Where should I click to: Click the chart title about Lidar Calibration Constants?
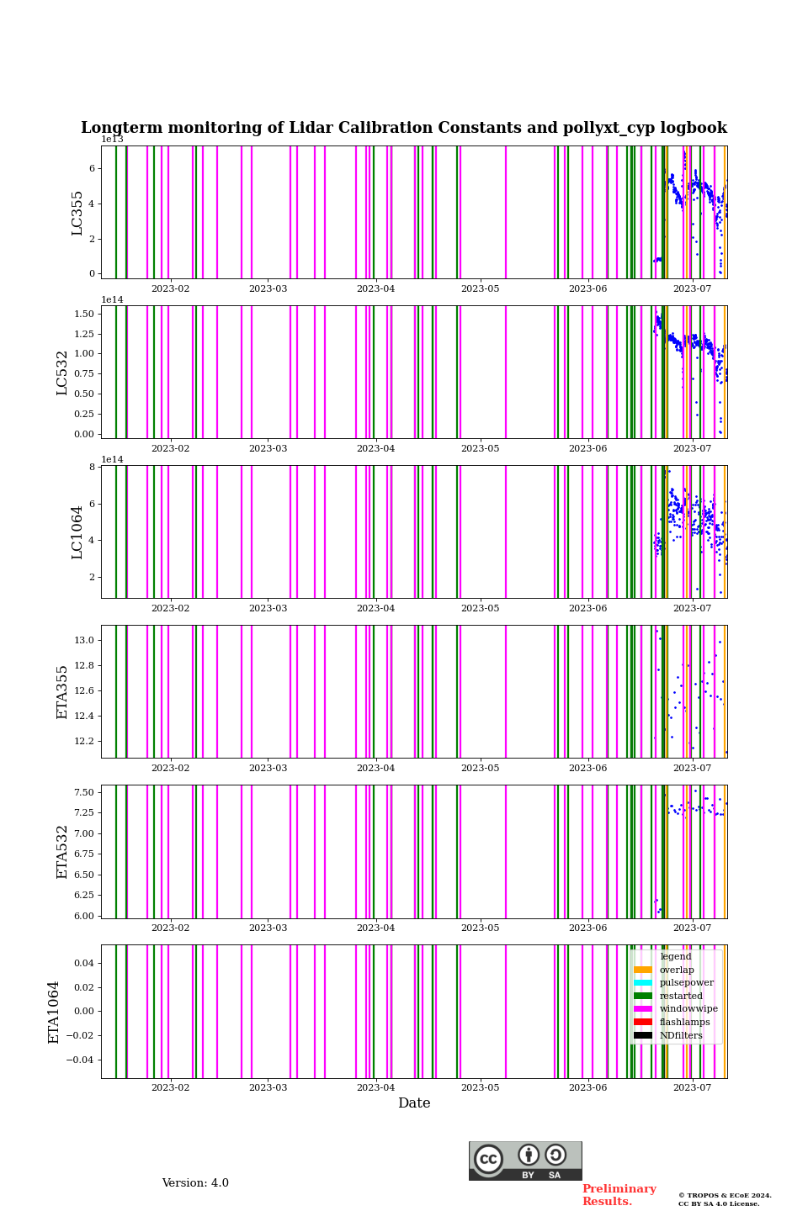click(404, 128)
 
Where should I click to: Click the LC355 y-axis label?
click(77, 213)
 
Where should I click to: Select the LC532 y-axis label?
click(62, 373)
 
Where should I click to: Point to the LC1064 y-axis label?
click(77, 532)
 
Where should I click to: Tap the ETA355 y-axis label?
click(62, 692)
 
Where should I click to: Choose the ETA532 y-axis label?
click(62, 852)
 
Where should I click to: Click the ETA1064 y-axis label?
click(54, 1012)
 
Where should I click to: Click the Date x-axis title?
click(414, 1103)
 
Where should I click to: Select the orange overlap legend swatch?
click(643, 970)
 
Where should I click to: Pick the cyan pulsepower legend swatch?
click(643, 983)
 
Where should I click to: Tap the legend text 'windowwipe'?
click(688, 1009)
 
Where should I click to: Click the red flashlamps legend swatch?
click(643, 1023)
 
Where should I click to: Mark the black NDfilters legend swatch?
click(643, 1035)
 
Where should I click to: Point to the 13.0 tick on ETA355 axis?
click(84, 641)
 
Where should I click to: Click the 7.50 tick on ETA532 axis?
click(84, 793)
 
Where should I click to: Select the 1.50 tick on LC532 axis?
click(84, 315)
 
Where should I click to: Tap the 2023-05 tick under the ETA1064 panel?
click(480, 1088)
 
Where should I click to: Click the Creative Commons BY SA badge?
click(525, 1161)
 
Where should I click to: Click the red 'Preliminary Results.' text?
click(619, 1195)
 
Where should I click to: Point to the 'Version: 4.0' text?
click(195, 1183)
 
